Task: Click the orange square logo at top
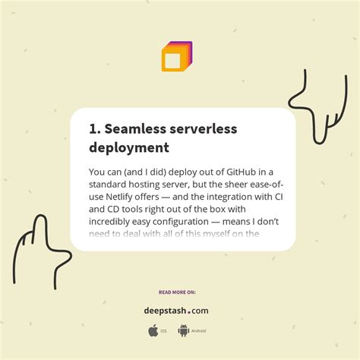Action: click(x=175, y=58)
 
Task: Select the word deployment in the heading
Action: click(x=128, y=147)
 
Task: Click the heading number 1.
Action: click(x=93, y=128)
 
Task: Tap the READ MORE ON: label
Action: click(x=176, y=292)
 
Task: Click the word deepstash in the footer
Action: click(x=166, y=310)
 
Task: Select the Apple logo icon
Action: click(x=153, y=330)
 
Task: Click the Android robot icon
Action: click(x=183, y=330)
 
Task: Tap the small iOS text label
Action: click(x=164, y=331)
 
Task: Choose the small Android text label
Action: click(x=198, y=331)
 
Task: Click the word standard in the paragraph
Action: click(x=112, y=185)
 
